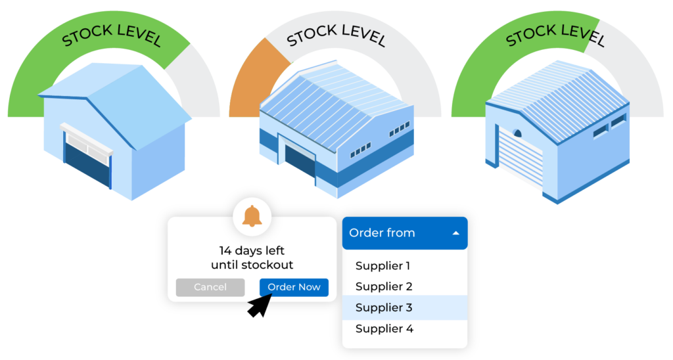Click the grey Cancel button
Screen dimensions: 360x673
pyautogui.click(x=210, y=287)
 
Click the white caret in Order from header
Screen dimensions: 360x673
pyautogui.click(x=455, y=233)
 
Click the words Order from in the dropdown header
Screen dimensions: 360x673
pyautogui.click(x=382, y=233)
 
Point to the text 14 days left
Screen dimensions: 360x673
pyautogui.click(x=252, y=250)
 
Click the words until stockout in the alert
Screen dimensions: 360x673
pyautogui.click(x=252, y=265)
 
